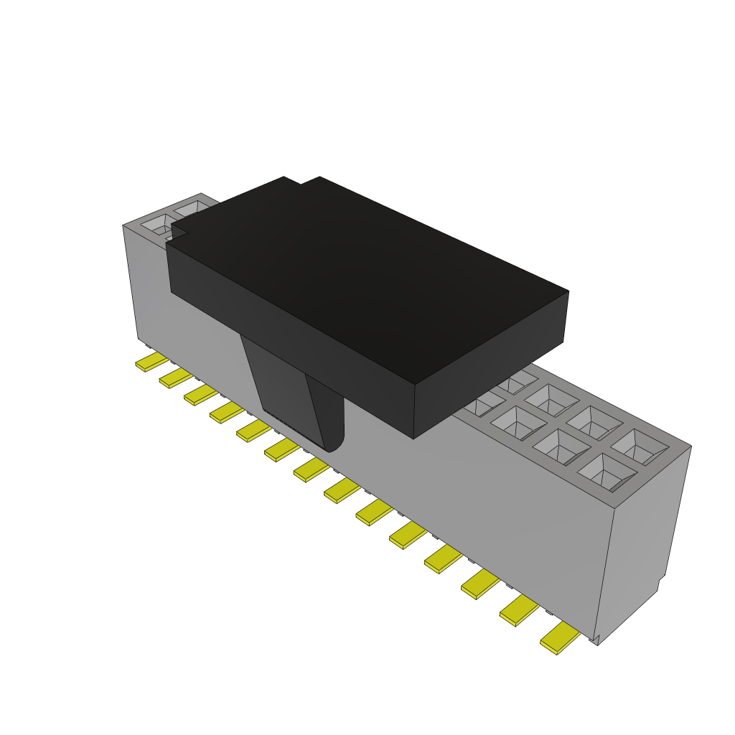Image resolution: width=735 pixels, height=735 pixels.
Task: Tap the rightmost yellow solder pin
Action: pyautogui.click(x=560, y=638)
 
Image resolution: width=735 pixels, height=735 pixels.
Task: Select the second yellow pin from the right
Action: pyautogui.click(x=519, y=611)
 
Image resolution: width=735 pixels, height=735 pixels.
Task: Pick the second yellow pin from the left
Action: pyautogui.click(x=175, y=378)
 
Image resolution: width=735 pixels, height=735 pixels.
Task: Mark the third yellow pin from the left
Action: pyautogui.click(x=200, y=395)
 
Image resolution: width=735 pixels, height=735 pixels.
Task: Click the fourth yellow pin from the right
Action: pyautogui.click(x=443, y=558)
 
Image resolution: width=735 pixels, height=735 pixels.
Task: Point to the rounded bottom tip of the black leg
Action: pyautogui.click(x=332, y=445)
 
